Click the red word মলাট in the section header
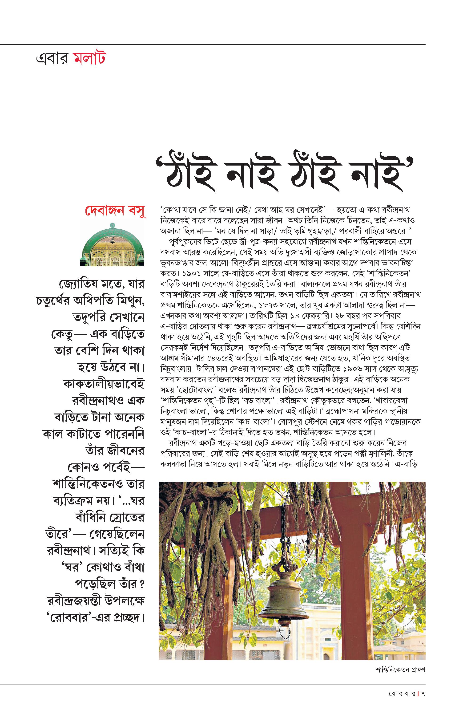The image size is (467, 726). pyautogui.click(x=89, y=59)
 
